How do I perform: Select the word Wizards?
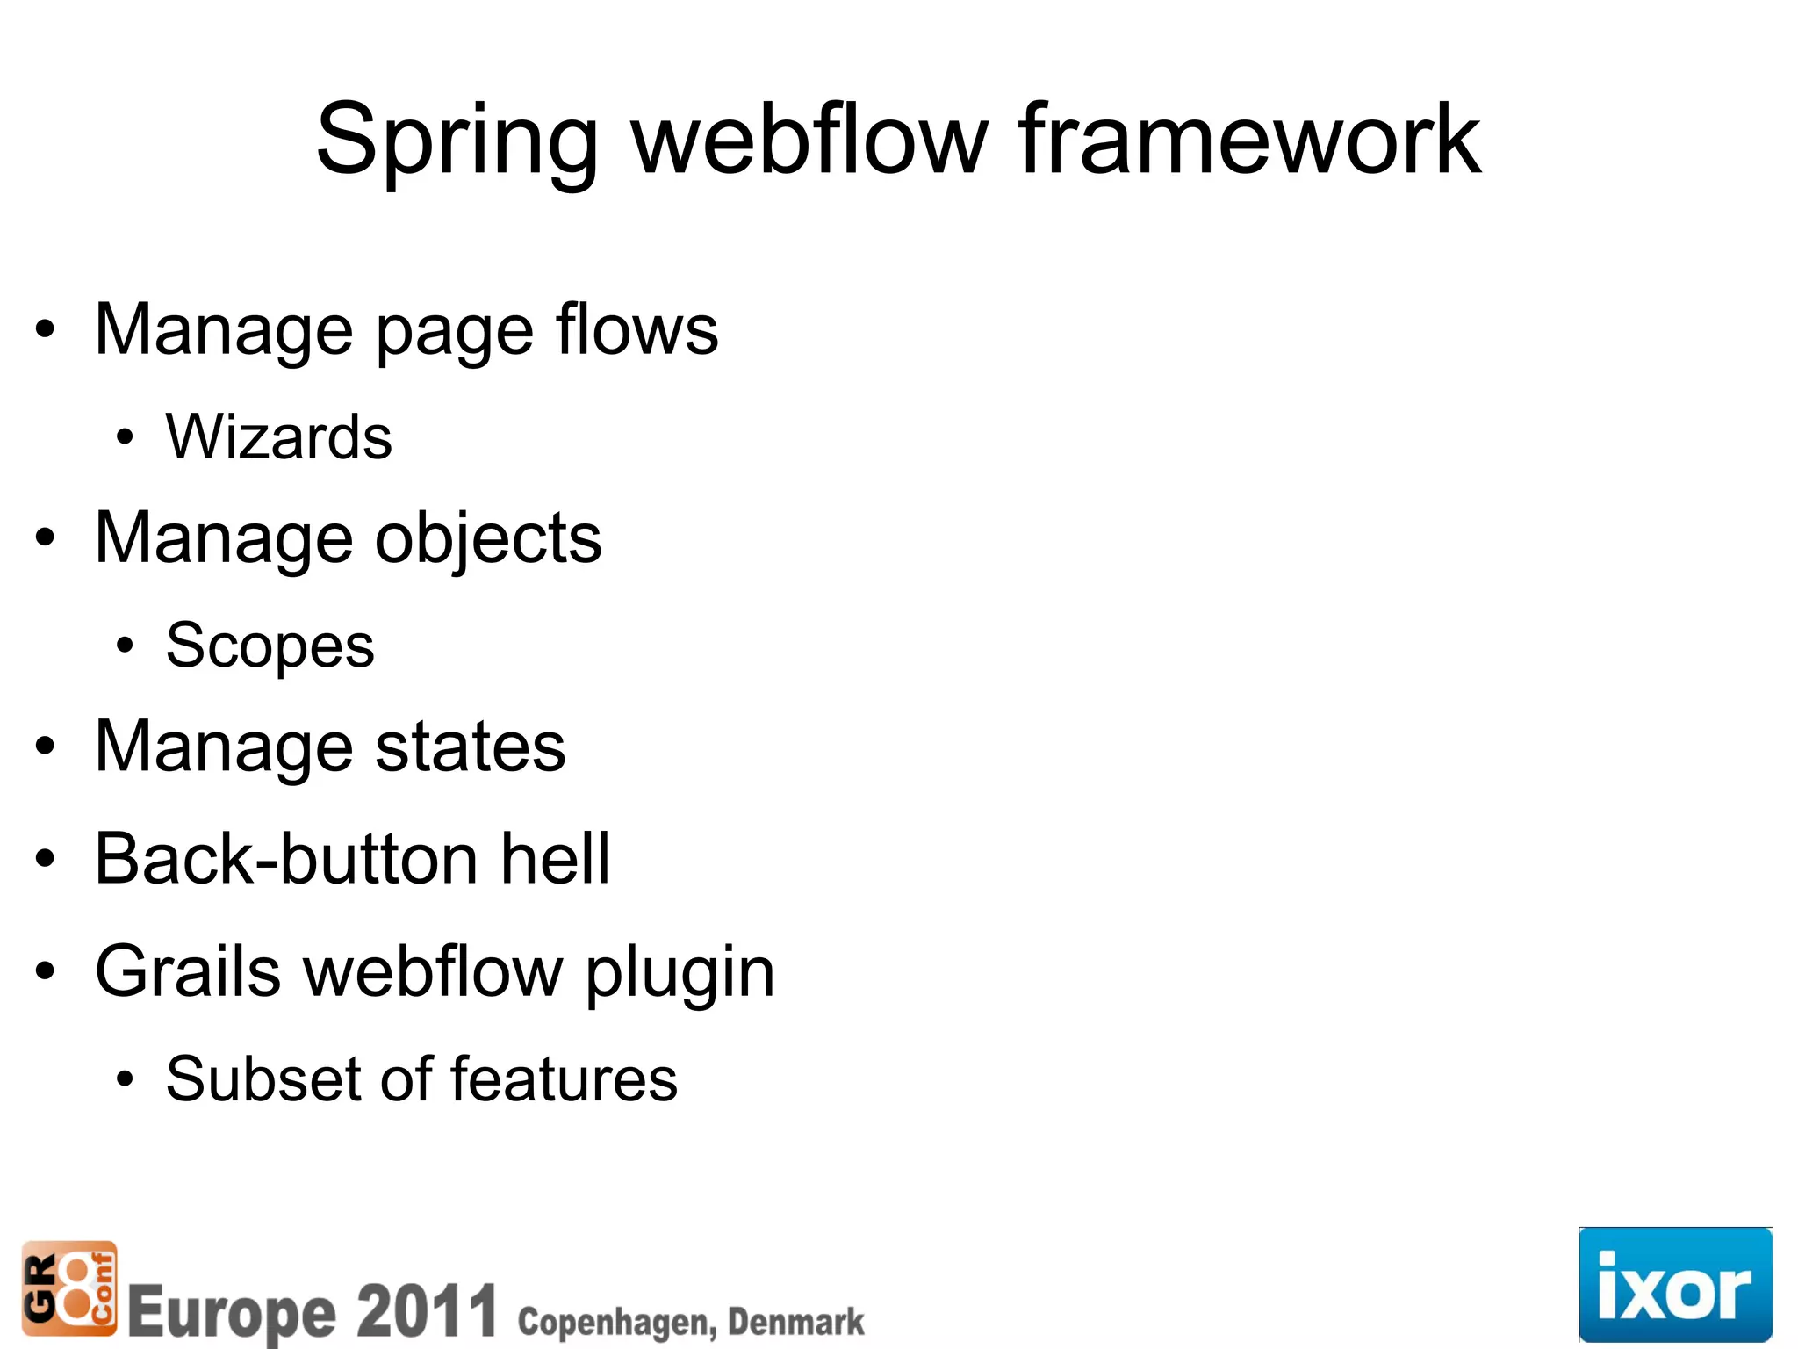tap(278, 436)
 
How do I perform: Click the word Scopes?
tap(270, 646)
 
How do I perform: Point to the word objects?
tap(488, 538)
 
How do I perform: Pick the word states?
tap(470, 747)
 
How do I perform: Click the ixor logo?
tap(1675, 1284)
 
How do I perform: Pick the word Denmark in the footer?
tap(795, 1321)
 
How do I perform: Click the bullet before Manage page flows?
tap(45, 330)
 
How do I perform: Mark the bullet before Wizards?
tap(125, 436)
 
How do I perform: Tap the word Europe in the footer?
tap(232, 1313)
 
